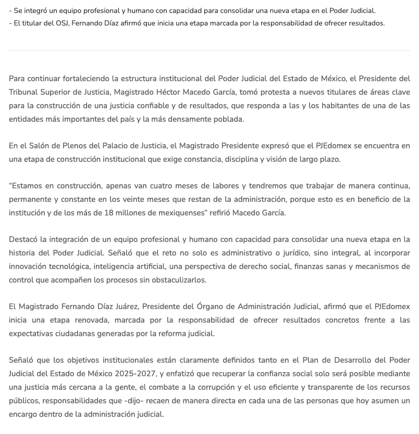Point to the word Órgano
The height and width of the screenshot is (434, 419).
coord(212,307)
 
